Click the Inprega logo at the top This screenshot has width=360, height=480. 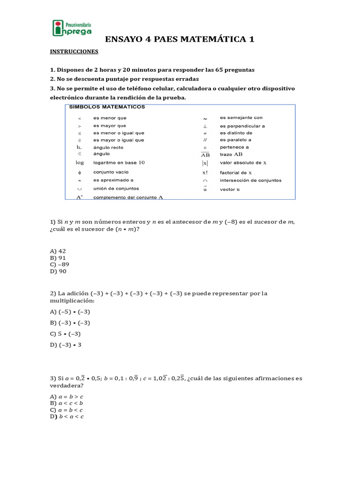[72, 28]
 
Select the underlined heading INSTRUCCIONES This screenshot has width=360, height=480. [74, 51]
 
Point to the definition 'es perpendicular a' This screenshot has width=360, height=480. [242, 126]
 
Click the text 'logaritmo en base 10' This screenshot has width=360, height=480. [119, 163]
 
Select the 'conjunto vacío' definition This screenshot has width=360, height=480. [111, 172]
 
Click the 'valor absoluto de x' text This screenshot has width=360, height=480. [243, 163]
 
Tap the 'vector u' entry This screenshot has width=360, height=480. [230, 189]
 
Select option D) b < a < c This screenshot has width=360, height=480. [67, 416]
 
